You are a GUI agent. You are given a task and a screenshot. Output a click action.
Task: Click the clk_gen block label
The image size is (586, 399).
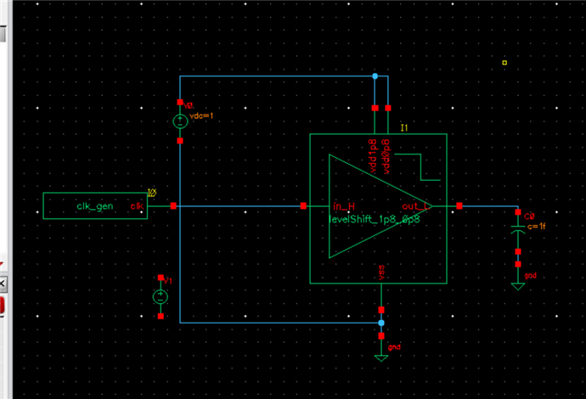pos(95,206)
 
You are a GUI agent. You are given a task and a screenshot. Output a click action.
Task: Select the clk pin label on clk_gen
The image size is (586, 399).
pos(136,206)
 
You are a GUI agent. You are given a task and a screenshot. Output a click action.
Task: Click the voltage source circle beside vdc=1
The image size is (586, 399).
pos(180,122)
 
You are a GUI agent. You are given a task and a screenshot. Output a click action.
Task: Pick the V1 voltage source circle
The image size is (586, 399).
pos(161,297)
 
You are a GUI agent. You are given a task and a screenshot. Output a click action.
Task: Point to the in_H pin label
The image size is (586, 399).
pos(343,206)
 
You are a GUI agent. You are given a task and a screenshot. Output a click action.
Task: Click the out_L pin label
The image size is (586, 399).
pos(415,206)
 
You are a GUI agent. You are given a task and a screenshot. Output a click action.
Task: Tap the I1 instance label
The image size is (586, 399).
pos(404,127)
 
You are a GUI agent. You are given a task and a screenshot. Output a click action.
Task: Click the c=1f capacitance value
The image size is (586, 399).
pos(532,226)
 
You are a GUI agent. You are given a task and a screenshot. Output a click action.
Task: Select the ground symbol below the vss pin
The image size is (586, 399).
pos(381,357)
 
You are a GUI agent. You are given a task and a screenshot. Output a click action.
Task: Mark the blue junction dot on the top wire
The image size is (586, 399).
pos(375,76)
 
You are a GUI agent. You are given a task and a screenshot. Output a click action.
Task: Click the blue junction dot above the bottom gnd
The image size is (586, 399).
pos(380,323)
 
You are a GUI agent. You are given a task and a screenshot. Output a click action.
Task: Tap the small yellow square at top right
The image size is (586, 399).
pos(504,62)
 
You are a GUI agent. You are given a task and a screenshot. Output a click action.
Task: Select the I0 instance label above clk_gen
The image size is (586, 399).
pos(152,193)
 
